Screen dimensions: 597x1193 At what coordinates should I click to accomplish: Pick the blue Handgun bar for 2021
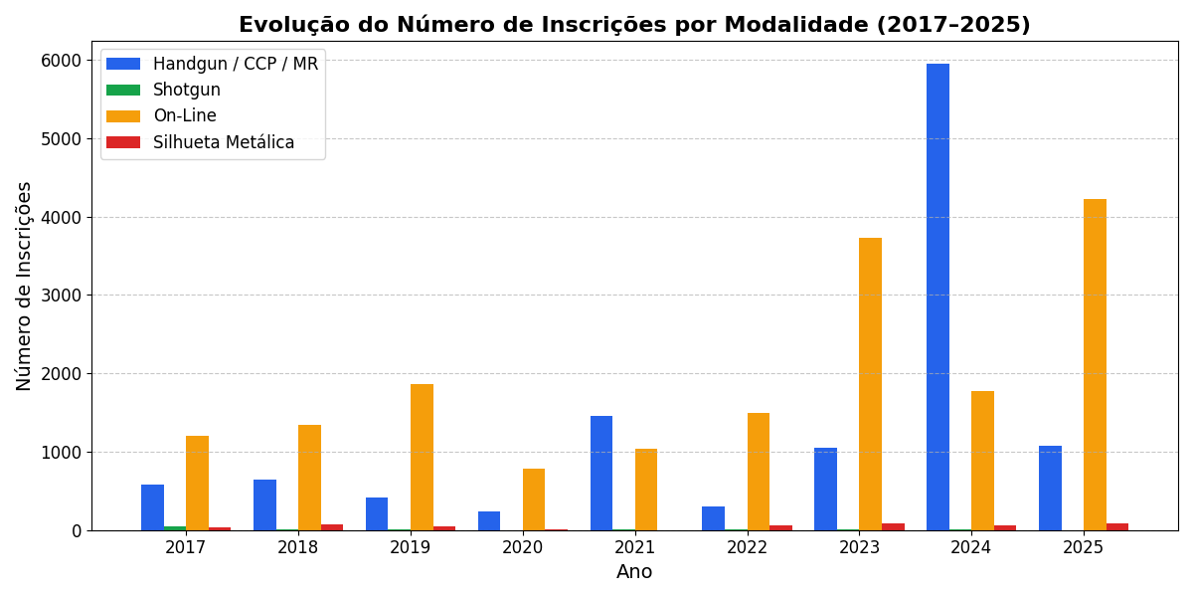(x=601, y=473)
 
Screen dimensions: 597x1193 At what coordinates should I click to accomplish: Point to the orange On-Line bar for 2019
(x=422, y=457)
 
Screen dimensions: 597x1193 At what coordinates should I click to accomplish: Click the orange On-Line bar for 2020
(x=534, y=499)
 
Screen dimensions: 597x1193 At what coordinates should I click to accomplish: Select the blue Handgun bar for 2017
(x=152, y=507)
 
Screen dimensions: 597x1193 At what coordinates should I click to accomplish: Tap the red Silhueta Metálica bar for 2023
(x=893, y=526)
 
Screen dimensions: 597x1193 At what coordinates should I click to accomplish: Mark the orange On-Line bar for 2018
(x=309, y=478)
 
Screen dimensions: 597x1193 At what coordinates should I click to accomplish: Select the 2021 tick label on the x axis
(x=634, y=548)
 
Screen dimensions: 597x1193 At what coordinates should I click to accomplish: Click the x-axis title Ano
(x=634, y=572)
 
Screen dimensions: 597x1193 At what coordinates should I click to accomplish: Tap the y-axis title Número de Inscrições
(x=25, y=286)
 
